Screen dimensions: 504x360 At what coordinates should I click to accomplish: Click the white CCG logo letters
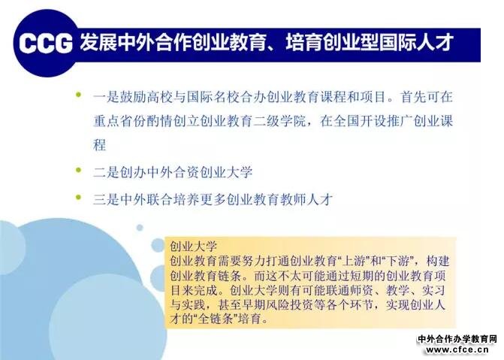tap(45, 43)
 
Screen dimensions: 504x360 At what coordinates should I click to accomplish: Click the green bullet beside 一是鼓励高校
tap(78, 95)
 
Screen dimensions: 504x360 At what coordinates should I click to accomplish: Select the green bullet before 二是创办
tap(78, 170)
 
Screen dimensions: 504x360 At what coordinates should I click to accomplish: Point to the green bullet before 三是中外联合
tap(78, 197)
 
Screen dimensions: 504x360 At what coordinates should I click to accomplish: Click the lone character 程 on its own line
tap(100, 145)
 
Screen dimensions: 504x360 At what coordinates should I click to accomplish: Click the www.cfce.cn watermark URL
tap(457, 349)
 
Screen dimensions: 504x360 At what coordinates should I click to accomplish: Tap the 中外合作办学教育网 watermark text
tap(457, 339)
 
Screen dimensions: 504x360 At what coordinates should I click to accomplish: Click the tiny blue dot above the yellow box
tap(140, 228)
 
